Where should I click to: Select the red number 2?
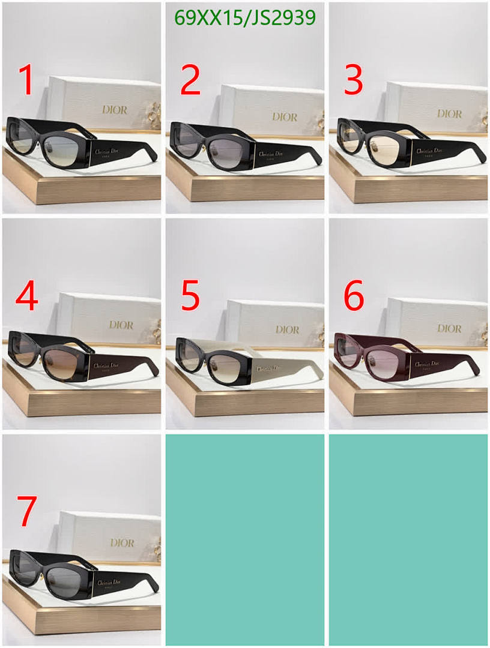[x=190, y=80]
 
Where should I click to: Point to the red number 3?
[x=353, y=80]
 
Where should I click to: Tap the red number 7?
[x=26, y=511]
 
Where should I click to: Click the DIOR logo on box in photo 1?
[x=114, y=110]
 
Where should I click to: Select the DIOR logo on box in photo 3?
[x=449, y=113]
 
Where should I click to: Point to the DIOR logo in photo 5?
[x=287, y=329]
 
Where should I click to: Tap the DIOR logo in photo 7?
[x=122, y=542]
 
